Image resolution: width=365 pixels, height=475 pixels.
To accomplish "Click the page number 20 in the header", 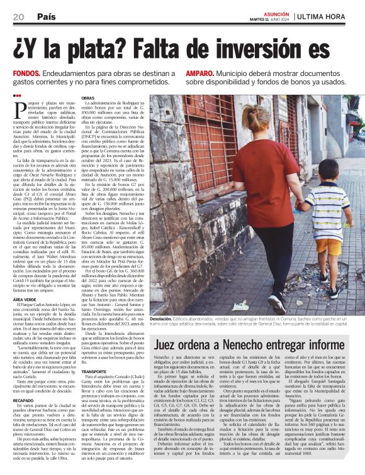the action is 19,16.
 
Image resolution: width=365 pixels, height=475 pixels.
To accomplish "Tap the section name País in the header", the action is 45,16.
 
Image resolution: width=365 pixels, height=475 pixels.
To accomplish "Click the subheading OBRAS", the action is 88,99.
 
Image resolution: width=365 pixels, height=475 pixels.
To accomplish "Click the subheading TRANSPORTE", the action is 94,371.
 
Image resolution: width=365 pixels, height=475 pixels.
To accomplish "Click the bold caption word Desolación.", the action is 164,320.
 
